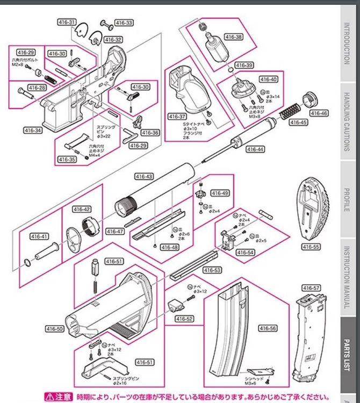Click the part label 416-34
[33, 130]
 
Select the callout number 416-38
[234, 38]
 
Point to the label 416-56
[267, 328]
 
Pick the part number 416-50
[57, 328]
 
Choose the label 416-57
[311, 288]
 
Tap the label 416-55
[311, 247]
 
